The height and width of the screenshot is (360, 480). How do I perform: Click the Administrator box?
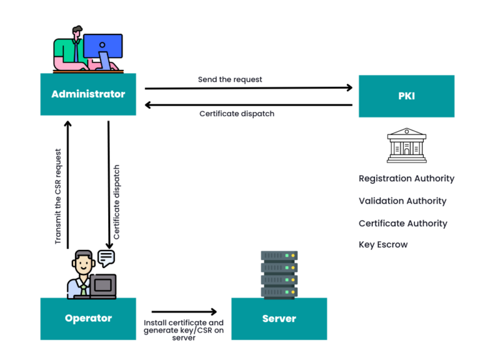88,94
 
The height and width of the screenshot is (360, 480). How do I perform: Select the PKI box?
406,96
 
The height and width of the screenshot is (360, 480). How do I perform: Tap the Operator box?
88,319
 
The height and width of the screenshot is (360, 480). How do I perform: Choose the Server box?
279,319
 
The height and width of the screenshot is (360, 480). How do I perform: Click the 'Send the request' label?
230,79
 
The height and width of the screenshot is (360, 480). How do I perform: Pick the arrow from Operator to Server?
184,311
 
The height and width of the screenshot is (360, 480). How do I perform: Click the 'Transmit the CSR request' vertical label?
58,196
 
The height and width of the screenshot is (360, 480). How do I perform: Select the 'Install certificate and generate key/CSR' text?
184,330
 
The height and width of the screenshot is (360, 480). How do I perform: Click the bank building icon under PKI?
406,146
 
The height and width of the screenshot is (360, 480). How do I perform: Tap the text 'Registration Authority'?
406,179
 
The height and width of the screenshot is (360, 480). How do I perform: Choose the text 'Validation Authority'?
402,201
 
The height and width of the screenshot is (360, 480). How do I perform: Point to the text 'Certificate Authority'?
403,224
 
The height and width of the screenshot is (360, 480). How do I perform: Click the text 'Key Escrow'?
383,245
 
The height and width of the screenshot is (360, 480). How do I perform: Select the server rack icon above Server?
279,274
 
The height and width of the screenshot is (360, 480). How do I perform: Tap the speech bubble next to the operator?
106,258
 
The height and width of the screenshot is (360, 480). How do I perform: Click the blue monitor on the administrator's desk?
102,46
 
